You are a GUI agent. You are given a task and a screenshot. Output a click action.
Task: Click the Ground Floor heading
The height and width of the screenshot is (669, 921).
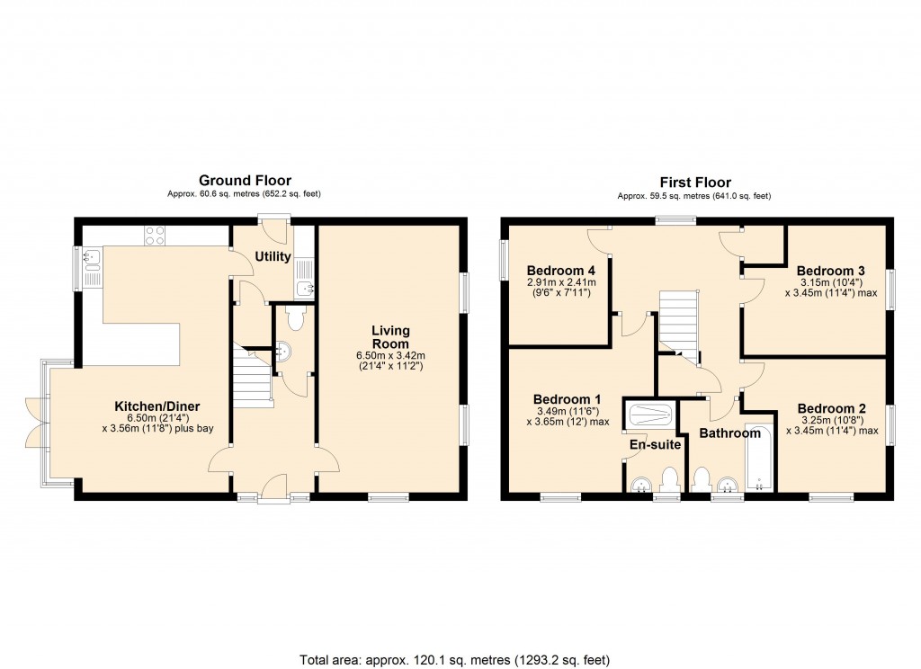245,181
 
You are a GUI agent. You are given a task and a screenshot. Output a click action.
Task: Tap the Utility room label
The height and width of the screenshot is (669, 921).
273,257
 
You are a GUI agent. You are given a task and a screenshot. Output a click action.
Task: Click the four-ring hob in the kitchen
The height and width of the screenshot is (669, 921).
154,235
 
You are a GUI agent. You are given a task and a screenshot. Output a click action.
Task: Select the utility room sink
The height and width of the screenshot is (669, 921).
305,288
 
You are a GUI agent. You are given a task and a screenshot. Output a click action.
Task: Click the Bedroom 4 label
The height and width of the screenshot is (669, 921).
561,271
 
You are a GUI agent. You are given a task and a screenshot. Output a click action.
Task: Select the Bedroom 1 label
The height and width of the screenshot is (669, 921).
568,399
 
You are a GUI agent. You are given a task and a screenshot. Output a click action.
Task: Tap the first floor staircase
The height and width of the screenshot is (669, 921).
679,324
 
